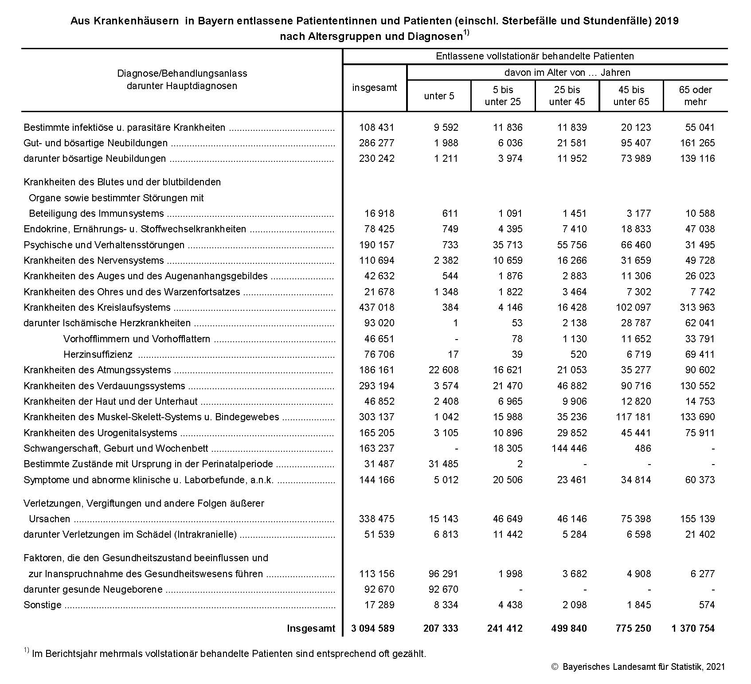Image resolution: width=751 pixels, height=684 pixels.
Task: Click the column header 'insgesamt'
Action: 375,88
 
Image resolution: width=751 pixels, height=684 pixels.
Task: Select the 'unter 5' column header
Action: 439,96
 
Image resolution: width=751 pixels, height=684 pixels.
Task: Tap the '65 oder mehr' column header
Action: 695,96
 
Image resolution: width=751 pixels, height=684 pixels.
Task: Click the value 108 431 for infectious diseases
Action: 376,128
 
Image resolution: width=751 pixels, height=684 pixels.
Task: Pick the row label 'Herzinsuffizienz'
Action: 98,355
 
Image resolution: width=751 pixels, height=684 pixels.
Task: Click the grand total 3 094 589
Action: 372,628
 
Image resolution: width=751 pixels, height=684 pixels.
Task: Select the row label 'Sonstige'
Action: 43,605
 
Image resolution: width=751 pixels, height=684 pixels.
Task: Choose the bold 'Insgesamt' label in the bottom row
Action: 311,628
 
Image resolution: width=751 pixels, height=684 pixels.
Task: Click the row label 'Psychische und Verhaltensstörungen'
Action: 104,245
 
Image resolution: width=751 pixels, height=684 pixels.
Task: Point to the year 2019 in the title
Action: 666,21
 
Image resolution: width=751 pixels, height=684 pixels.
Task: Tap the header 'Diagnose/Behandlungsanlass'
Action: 182,74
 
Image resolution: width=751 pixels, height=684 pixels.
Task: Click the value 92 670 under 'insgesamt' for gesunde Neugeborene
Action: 376,590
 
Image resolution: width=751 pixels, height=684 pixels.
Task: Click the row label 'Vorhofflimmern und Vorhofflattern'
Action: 137,339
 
